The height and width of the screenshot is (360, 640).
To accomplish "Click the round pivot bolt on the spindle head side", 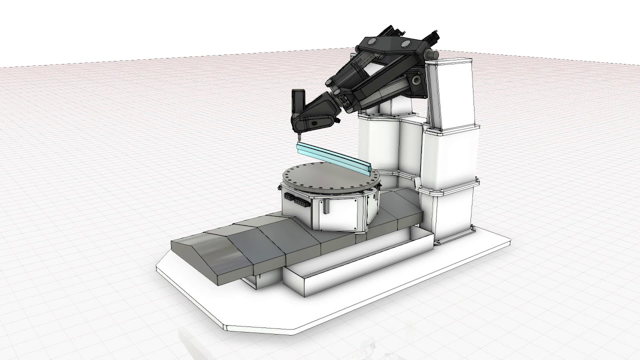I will point(314,122).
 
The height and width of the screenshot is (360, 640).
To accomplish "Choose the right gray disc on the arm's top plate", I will point(403,45).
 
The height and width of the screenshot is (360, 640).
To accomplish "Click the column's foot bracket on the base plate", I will point(472,230).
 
